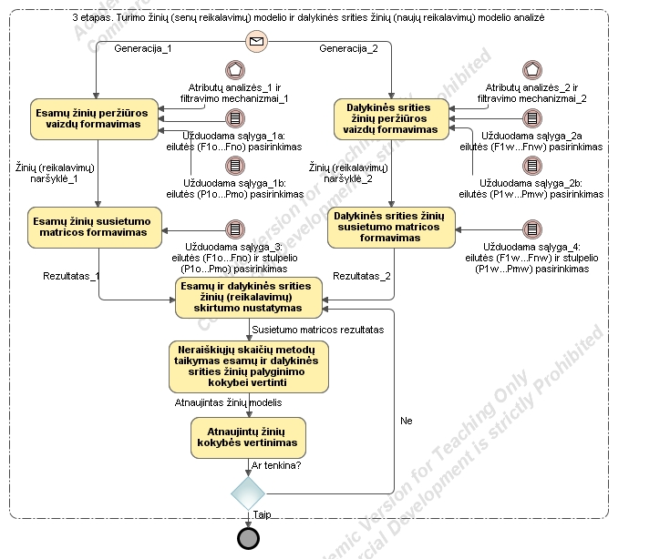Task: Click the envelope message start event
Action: pyautogui.click(x=258, y=41)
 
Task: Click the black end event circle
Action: pyautogui.click(x=247, y=538)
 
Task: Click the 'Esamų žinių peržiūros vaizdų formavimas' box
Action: pyautogui.click(x=94, y=117)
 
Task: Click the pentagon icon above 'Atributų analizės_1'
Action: pyautogui.click(x=234, y=70)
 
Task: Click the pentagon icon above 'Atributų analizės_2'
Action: pyautogui.click(x=531, y=70)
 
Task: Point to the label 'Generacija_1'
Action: pyautogui.click(x=142, y=48)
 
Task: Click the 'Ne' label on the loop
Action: pyautogui.click(x=407, y=421)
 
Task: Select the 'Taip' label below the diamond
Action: pyautogui.click(x=262, y=514)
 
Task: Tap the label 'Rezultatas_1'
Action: pyautogui.click(x=71, y=275)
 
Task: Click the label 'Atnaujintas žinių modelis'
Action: pyautogui.click(x=229, y=402)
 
